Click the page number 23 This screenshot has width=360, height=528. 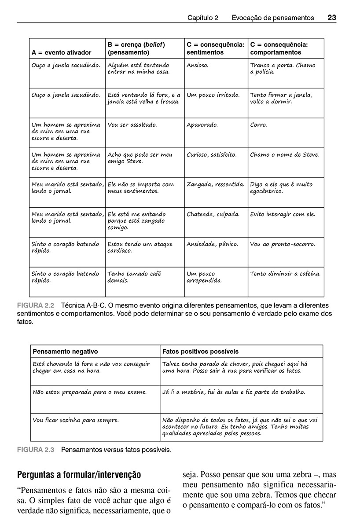pos(332,18)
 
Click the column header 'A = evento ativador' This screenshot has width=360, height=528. pos(62,52)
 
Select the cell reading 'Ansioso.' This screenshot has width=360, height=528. pos(198,65)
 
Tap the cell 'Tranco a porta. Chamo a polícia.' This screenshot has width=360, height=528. pos(283,69)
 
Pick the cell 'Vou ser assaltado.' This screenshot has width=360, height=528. pos(132,125)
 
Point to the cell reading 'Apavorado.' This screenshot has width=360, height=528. pos(202,125)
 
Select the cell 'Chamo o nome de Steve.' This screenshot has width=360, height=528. pos(284,155)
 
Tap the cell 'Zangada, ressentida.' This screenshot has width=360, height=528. pos(215,185)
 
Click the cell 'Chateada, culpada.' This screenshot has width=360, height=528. pos(213,214)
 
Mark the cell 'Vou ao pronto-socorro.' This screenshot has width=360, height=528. pos(283,244)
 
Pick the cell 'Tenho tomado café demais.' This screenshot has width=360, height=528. pos(134,277)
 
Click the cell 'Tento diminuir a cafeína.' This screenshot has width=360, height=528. pos(285,274)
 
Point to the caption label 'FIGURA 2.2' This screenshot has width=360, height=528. pos(35,305)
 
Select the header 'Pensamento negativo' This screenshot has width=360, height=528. pos(66,352)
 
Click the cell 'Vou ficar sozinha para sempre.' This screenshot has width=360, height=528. pos(76,420)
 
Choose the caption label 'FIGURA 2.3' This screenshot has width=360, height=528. pos(35,450)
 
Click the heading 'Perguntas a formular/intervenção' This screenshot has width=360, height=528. pos(79,475)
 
